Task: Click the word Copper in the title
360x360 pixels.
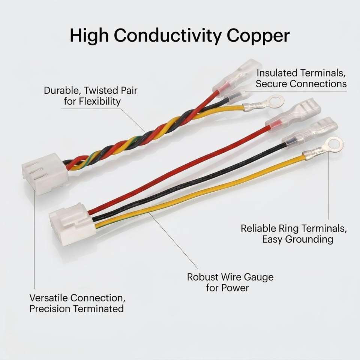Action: (258, 36)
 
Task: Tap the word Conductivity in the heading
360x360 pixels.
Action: (168, 36)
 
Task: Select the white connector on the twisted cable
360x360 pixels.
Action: (45, 174)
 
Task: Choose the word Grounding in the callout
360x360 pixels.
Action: (310, 240)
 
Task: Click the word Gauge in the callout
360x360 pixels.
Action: (258, 277)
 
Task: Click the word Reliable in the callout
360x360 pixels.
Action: (258, 228)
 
